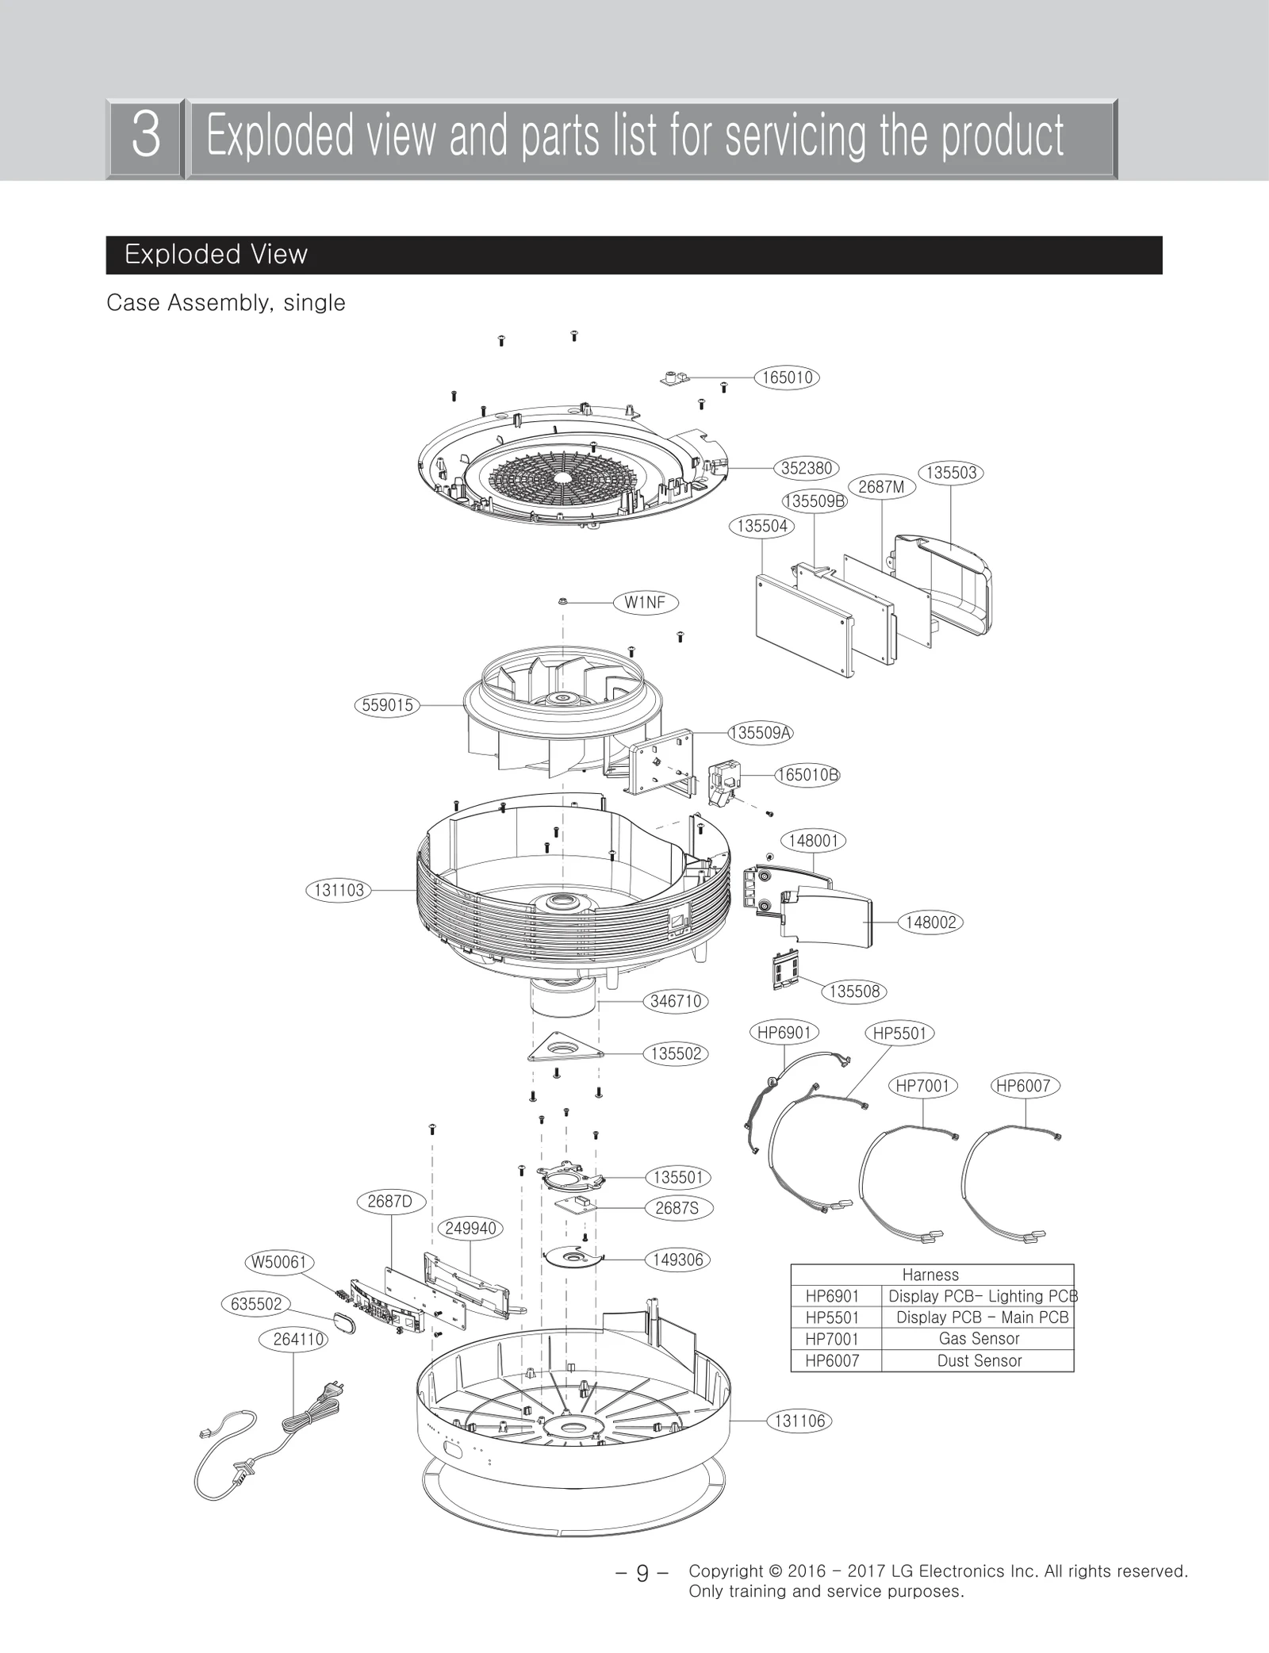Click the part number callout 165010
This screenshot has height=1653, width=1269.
pyautogui.click(x=786, y=378)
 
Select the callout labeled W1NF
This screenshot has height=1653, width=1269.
pyautogui.click(x=646, y=603)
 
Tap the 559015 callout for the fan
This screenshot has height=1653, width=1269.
pyautogui.click(x=387, y=705)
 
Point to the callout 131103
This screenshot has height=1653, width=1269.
pyautogui.click(x=339, y=890)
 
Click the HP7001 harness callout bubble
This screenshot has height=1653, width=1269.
pyautogui.click(x=922, y=1086)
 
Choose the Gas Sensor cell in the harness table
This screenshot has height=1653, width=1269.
pyautogui.click(x=978, y=1339)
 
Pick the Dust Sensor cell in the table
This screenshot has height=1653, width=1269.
pyautogui.click(x=978, y=1361)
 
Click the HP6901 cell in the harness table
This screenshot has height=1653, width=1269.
pyautogui.click(x=833, y=1296)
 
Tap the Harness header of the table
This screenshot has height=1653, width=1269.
pyautogui.click(x=930, y=1275)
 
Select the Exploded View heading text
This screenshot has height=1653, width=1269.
pyautogui.click(x=216, y=255)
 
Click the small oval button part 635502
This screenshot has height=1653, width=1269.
pyautogui.click(x=343, y=1323)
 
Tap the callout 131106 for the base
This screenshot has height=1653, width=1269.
pyautogui.click(x=799, y=1421)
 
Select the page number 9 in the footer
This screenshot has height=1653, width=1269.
pyautogui.click(x=642, y=1574)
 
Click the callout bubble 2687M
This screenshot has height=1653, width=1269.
pyautogui.click(x=881, y=487)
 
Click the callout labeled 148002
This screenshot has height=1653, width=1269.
pyautogui.click(x=930, y=922)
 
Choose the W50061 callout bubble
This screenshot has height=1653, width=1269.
pyautogui.click(x=279, y=1262)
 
